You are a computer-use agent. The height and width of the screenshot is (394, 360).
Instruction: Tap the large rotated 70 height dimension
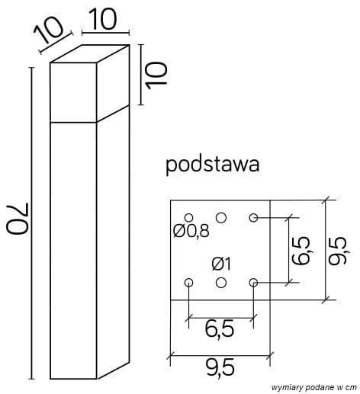coord(15,222)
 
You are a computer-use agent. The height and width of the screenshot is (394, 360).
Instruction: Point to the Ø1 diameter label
coord(220,264)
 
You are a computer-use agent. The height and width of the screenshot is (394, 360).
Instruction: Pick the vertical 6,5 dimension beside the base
coord(301,249)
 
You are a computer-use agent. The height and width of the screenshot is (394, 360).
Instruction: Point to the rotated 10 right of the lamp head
coord(156,77)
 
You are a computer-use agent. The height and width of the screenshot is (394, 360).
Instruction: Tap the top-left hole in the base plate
coord(189,218)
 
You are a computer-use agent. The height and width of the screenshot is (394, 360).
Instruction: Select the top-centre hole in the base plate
coord(221,218)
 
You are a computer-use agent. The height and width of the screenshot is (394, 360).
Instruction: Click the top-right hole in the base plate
coord(253,218)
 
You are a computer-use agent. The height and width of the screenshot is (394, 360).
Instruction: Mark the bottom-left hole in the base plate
coord(189,283)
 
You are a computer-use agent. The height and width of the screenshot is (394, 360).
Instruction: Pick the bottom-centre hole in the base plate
coord(221,283)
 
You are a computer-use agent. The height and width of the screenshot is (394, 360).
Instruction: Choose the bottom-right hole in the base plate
coord(253,283)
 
